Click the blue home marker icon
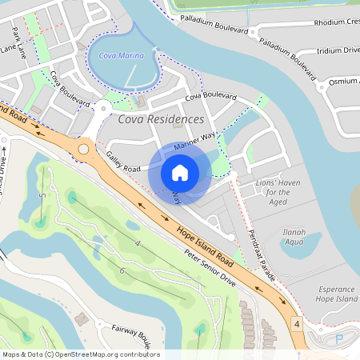(180, 172)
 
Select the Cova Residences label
(161, 119)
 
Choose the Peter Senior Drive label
(210, 268)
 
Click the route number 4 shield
(296, 324)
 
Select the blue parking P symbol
(338, 339)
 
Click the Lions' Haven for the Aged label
(278, 192)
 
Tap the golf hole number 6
(122, 271)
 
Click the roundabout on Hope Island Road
(84, 148)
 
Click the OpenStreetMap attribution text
(80, 354)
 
